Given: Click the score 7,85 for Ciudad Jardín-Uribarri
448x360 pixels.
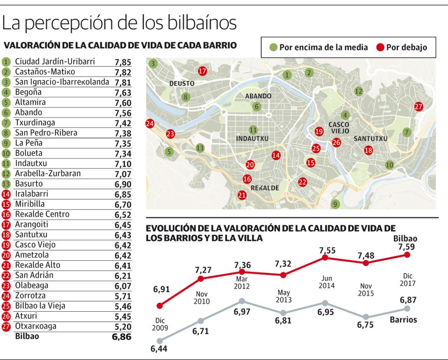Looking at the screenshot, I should click(122, 62).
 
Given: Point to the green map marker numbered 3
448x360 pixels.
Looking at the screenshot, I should click(153, 64).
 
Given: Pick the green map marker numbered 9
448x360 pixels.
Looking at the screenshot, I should click(335, 204).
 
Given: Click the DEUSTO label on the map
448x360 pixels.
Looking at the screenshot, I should click(182, 84).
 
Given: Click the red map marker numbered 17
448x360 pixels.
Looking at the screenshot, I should click(203, 71).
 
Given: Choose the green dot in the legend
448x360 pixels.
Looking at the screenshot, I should click(274, 47).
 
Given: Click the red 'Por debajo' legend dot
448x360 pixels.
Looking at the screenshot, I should click(381, 47).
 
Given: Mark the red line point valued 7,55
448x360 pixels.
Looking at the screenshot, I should click(325, 258).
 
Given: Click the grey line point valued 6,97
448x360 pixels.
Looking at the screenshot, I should click(242, 301).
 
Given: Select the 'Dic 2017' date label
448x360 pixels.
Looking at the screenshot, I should click(407, 279).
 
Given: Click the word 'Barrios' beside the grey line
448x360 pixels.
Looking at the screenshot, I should click(403, 319).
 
